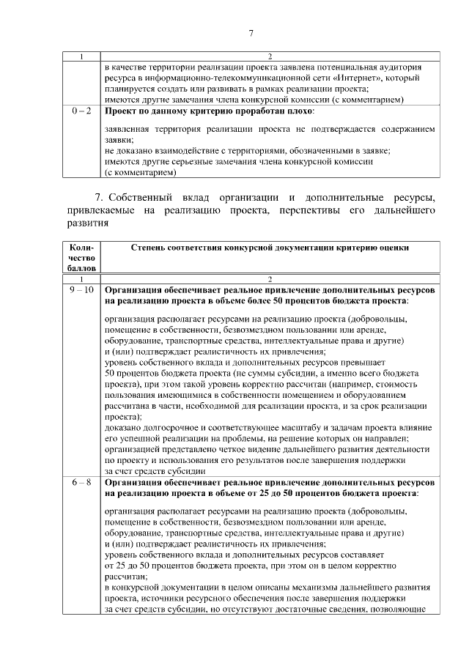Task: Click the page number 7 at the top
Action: pos(251,33)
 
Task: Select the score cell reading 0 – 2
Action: pos(82,111)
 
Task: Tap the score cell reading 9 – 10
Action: pos(82,290)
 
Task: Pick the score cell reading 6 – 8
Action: pos(82,484)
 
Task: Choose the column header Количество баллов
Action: pos(82,258)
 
